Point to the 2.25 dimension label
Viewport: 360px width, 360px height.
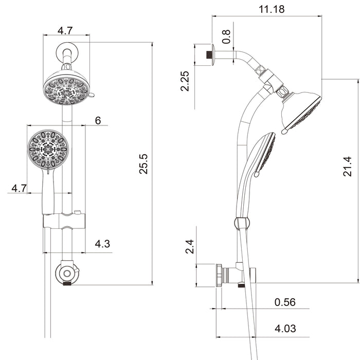(186, 81)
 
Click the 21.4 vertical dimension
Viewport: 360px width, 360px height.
(348, 167)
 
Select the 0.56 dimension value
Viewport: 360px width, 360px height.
(285, 302)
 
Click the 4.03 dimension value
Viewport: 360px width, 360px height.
(285, 329)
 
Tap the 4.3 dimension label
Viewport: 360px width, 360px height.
(102, 244)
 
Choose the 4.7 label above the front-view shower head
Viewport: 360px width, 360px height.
(65, 30)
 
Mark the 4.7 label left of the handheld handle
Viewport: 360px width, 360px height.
(19, 188)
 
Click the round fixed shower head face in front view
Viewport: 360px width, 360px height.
(66, 88)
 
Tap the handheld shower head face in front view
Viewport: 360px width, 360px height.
(48, 149)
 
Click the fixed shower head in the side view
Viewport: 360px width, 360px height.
(301, 110)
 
